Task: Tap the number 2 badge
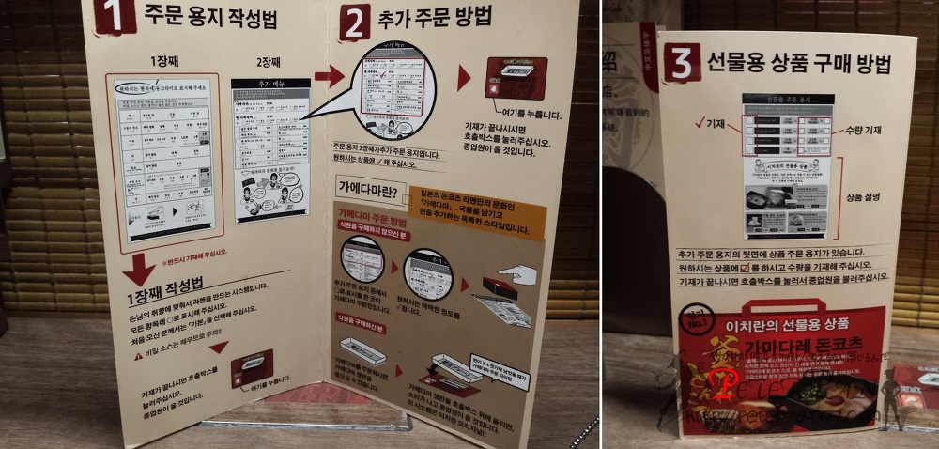[x=355, y=22]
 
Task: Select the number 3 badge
[x=682, y=62]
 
